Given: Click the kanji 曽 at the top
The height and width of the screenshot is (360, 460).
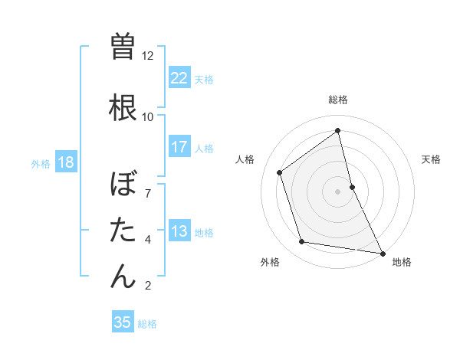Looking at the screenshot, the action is (x=123, y=45).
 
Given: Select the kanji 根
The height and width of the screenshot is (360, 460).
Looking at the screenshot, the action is (x=123, y=106).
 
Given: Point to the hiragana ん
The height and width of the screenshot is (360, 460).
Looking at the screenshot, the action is (x=123, y=275).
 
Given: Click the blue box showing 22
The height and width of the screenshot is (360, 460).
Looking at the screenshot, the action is (x=179, y=78).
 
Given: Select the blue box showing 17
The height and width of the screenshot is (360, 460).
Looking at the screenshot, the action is (x=179, y=148).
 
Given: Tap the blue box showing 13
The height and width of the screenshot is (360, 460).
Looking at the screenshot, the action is (x=179, y=232).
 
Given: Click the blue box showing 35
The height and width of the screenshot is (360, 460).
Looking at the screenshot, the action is (x=122, y=322).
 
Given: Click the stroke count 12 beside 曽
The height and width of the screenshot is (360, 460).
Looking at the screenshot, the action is (x=147, y=56).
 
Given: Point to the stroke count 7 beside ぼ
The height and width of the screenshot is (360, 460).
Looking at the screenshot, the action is (x=148, y=193).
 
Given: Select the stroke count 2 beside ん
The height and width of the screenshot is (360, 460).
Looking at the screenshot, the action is (x=148, y=286).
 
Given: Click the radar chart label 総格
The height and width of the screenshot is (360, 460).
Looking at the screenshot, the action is (x=337, y=100).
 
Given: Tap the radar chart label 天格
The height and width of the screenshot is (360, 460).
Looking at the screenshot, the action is (x=431, y=159).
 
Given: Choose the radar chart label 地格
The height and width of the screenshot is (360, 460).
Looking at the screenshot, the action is (x=402, y=263).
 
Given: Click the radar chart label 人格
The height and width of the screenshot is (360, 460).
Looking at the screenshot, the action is (x=245, y=159).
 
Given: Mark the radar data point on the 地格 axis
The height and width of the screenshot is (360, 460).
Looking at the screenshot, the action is (x=382, y=252).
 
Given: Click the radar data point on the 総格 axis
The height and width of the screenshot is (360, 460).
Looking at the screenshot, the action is (x=337, y=131).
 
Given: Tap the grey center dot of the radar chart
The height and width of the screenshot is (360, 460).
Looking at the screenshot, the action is (x=337, y=191).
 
